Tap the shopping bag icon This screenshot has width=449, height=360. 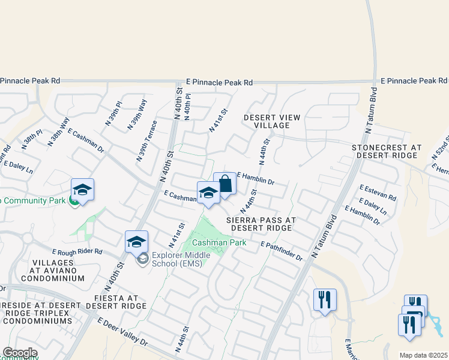click(x=224, y=184)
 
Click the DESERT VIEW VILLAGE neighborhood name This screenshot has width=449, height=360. click(x=268, y=121)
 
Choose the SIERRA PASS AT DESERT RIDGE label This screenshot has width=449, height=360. click(x=261, y=224)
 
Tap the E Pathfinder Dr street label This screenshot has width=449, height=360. click(x=282, y=250)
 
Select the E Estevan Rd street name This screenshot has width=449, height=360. click(x=378, y=192)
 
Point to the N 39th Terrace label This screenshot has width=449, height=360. click(x=146, y=140)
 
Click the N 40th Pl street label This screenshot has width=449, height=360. click(x=188, y=106)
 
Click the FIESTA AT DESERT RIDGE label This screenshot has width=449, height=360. click(x=112, y=302)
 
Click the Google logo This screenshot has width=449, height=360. click(x=20, y=353)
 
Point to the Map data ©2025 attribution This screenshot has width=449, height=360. click(x=424, y=355)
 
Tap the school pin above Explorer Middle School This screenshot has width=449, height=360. click(x=136, y=242)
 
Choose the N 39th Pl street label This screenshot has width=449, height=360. click(x=113, y=113)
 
